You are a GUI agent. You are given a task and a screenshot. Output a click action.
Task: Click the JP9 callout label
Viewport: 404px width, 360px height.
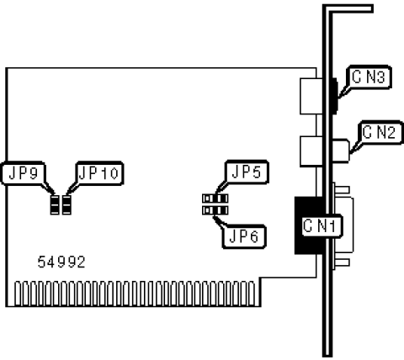click(24, 173)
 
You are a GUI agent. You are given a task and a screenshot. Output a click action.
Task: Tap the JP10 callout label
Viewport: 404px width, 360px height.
click(99, 173)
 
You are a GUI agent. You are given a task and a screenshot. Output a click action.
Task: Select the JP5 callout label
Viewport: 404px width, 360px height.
click(247, 172)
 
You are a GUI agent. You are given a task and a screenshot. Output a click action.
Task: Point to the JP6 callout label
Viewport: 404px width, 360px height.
click(244, 236)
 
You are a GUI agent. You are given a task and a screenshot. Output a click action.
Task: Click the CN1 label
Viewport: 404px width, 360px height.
click(320, 226)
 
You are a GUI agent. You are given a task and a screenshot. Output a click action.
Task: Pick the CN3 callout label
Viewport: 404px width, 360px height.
click(369, 77)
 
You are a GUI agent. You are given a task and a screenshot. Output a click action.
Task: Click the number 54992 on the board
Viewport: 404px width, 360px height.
click(61, 262)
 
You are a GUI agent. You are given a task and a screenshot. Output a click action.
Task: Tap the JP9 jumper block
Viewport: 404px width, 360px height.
click(55, 205)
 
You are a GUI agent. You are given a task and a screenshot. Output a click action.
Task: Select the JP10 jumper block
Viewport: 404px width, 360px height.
click(66, 205)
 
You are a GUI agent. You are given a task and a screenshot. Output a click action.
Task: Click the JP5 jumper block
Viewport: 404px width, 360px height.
click(215, 199)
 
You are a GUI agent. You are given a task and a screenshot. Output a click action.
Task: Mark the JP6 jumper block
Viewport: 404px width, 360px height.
click(215, 210)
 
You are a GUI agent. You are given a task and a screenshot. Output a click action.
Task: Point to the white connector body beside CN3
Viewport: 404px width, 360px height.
click(309, 96)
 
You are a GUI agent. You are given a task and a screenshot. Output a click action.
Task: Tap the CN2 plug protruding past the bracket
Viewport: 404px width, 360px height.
click(342, 151)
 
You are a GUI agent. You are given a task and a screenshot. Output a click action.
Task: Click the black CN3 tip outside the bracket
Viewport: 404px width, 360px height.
click(335, 96)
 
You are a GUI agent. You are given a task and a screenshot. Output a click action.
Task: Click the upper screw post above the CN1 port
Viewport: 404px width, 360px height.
click(342, 189)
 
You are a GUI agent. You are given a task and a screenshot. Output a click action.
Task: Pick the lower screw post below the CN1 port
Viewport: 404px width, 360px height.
click(342, 262)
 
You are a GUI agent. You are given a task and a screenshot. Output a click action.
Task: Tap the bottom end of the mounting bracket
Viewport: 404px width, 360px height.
click(327, 354)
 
